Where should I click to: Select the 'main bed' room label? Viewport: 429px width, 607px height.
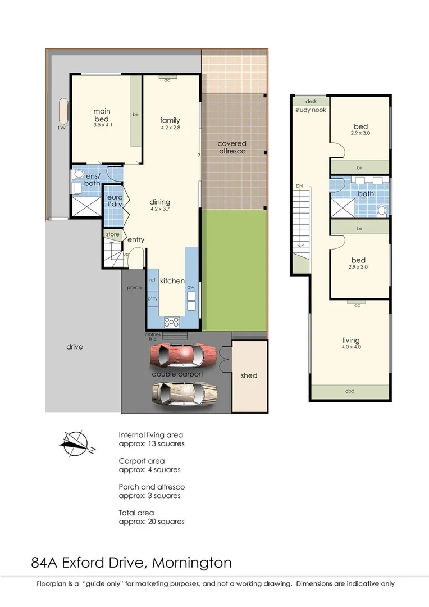tap(102, 115)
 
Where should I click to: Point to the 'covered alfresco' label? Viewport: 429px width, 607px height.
tap(232, 147)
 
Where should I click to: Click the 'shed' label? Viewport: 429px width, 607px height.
tap(249, 375)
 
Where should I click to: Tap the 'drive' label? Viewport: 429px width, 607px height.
tap(74, 347)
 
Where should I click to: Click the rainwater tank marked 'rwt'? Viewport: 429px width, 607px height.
tap(61, 115)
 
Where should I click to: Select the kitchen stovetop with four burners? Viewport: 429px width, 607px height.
tap(172, 322)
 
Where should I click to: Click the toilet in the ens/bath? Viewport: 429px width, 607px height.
tap(78, 174)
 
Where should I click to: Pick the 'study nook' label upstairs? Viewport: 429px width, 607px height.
tap(311, 110)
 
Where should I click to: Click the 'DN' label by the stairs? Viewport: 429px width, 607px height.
tap(299, 186)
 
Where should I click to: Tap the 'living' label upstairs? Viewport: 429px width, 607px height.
tap(351, 341)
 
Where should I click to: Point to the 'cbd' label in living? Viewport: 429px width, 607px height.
tap(350, 392)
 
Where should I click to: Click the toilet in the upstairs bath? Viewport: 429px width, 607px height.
tap(382, 210)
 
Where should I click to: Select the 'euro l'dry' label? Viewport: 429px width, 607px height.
tap(115, 201)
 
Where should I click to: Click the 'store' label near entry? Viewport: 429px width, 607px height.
tap(112, 234)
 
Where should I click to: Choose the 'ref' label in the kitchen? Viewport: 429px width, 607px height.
tap(152, 280)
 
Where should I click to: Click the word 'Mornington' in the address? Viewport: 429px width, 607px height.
tap(192, 562)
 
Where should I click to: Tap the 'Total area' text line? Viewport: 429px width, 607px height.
tap(136, 513)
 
